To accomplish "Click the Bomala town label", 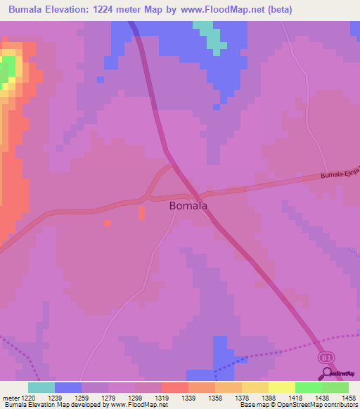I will coord(188,207).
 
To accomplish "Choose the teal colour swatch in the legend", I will coord(41,387).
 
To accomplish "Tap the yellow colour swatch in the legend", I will coord(281,387).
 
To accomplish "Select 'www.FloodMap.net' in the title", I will coord(217,9).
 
